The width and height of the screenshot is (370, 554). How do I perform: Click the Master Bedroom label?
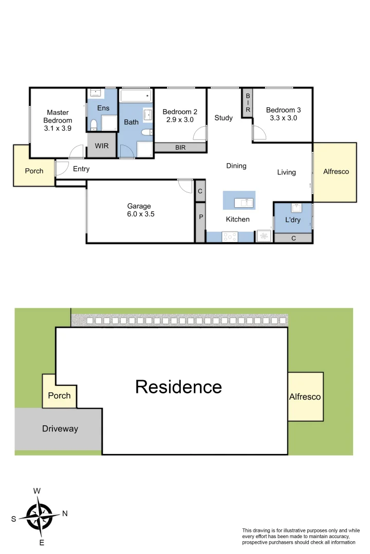point(58,116)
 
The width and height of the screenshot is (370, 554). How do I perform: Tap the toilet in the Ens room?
point(94,125)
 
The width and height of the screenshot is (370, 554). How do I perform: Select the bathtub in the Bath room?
point(136,96)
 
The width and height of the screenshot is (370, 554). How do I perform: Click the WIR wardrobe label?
point(102,146)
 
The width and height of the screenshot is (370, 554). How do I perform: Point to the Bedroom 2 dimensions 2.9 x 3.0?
point(180,120)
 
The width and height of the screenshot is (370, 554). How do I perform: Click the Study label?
point(224,118)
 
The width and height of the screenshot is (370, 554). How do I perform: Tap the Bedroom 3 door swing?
point(259,133)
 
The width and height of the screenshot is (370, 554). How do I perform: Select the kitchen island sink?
point(244,203)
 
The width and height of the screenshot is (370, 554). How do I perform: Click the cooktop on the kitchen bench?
point(229,236)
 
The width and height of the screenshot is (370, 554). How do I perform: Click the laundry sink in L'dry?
point(296,208)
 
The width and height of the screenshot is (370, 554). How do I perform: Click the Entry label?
point(81,169)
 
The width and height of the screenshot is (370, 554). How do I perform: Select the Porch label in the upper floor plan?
point(34,171)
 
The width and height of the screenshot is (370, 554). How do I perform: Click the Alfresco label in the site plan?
point(305,397)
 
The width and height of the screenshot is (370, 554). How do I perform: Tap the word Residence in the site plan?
point(178,387)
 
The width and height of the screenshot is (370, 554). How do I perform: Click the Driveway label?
point(60,428)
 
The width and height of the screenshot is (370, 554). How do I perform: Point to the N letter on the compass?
point(65,513)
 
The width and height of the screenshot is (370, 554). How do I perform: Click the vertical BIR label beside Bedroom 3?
point(247,103)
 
